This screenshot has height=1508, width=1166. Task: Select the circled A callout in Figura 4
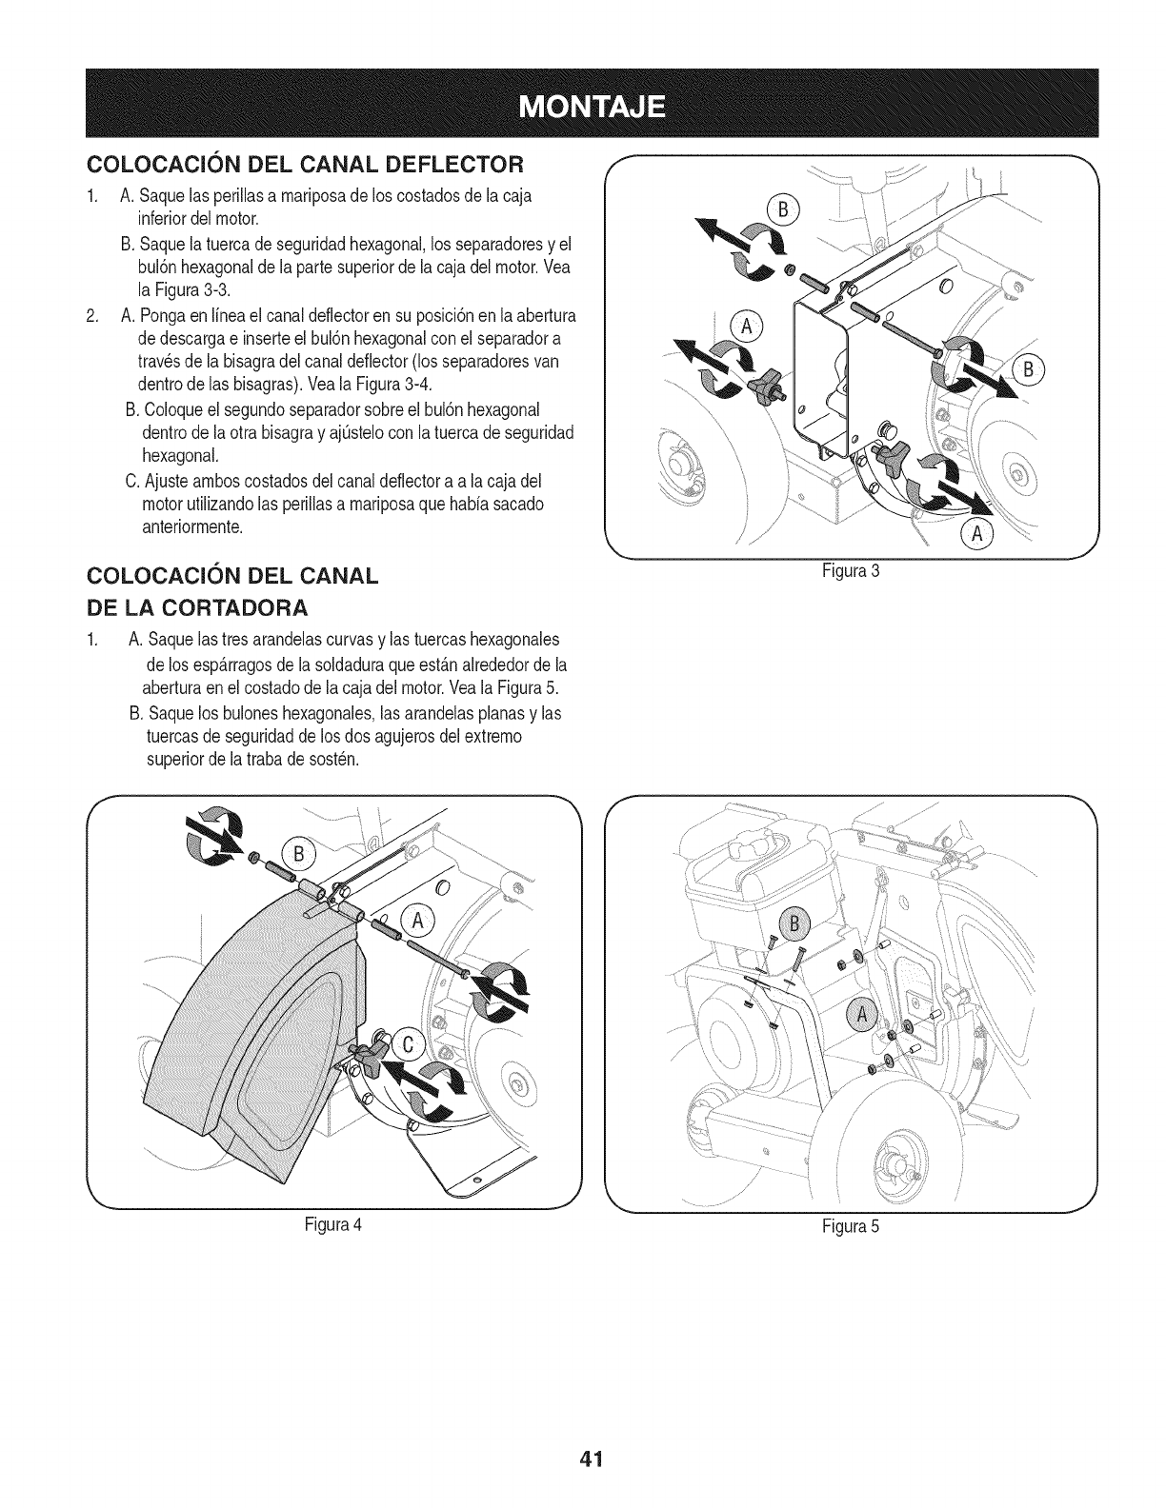click(x=416, y=920)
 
